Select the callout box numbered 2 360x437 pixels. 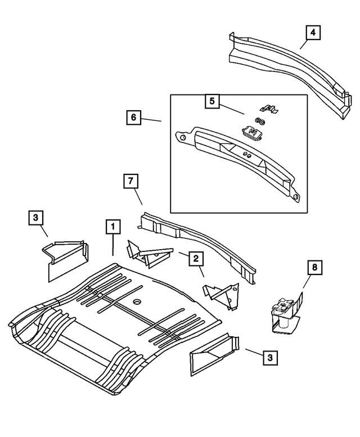[x=196, y=259]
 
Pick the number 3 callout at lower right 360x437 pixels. [x=271, y=357]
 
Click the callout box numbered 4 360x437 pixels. [x=313, y=33]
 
